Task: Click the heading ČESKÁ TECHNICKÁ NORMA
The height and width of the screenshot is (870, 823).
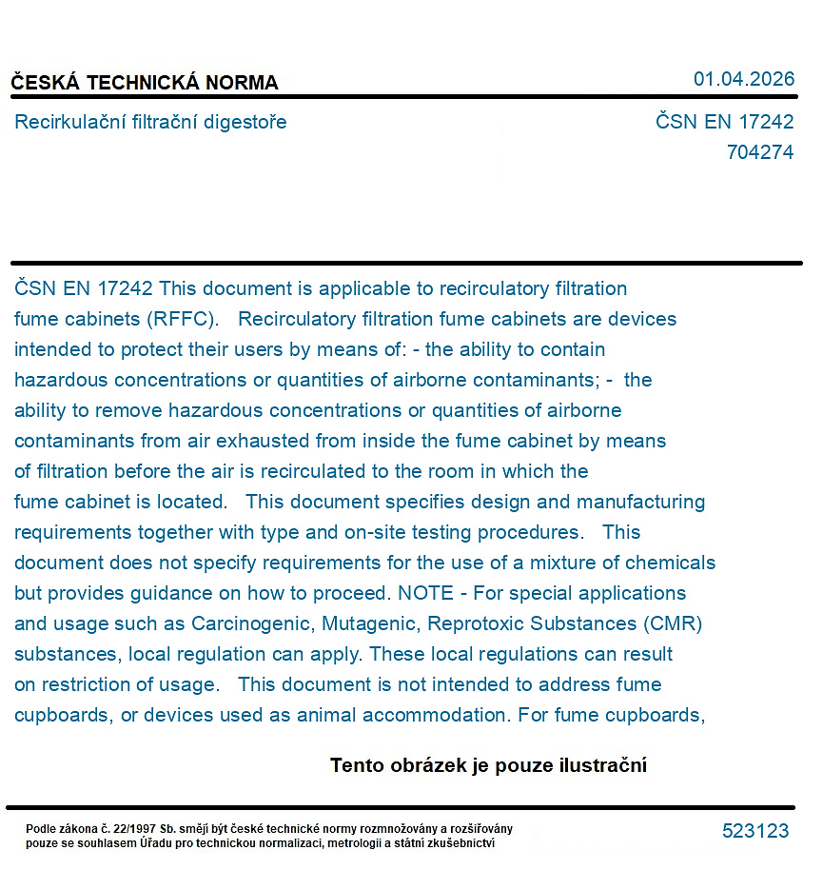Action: pos(145,83)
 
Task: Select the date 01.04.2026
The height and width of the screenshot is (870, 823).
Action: pos(743,79)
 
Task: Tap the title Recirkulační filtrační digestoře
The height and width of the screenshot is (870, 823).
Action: pos(150,122)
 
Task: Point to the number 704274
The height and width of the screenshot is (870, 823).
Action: pos(759,152)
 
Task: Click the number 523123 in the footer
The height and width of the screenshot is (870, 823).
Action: pos(755,831)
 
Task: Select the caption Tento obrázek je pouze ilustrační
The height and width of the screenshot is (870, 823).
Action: pos(488,765)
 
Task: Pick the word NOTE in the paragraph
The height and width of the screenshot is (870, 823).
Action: pos(426,593)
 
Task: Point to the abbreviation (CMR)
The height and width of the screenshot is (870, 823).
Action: pos(673,623)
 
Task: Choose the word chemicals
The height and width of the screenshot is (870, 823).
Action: pos(671,563)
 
